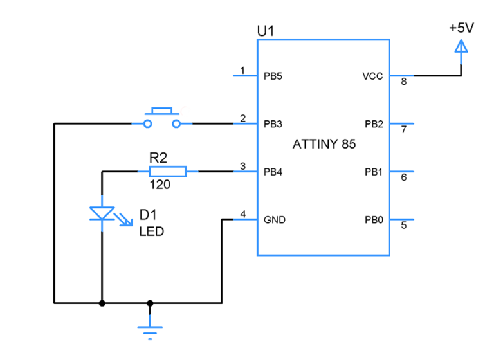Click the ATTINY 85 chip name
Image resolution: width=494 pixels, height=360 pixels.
[x=324, y=145]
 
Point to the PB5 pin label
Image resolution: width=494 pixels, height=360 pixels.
[x=273, y=76]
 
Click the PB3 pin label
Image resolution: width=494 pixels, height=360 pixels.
[x=273, y=123]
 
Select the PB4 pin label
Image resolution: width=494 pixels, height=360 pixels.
[x=273, y=172]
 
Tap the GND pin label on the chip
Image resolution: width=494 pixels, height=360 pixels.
[x=274, y=220]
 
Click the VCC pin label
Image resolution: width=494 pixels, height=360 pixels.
[x=372, y=76]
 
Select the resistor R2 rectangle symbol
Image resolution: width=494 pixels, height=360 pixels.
[x=168, y=172]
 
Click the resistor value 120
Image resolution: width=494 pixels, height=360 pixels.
[x=160, y=185]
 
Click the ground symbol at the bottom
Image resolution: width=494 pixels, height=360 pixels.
[x=150, y=330]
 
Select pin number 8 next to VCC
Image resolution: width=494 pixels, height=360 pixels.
[x=404, y=82]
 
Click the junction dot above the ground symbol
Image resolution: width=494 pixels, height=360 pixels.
[x=150, y=302]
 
